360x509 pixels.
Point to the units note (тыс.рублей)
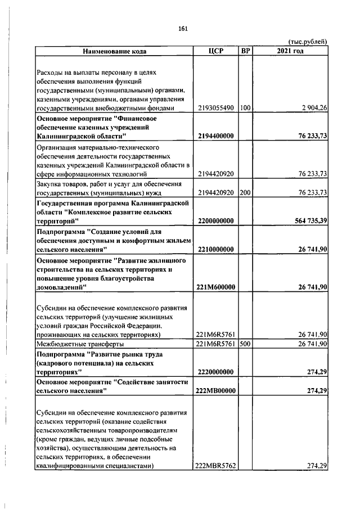[308, 42]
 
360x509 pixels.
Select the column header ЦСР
[215, 51]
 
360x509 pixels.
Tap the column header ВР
[245, 51]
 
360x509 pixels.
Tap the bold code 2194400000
[215, 136]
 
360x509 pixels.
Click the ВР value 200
[245, 192]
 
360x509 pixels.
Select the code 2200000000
[215, 221]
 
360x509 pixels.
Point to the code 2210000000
[215, 249]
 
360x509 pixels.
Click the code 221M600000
[215, 287]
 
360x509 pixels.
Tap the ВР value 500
[245, 344]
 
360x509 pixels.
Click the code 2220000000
[215, 372]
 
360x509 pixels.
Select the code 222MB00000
[215, 390]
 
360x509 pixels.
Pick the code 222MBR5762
[215, 466]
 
